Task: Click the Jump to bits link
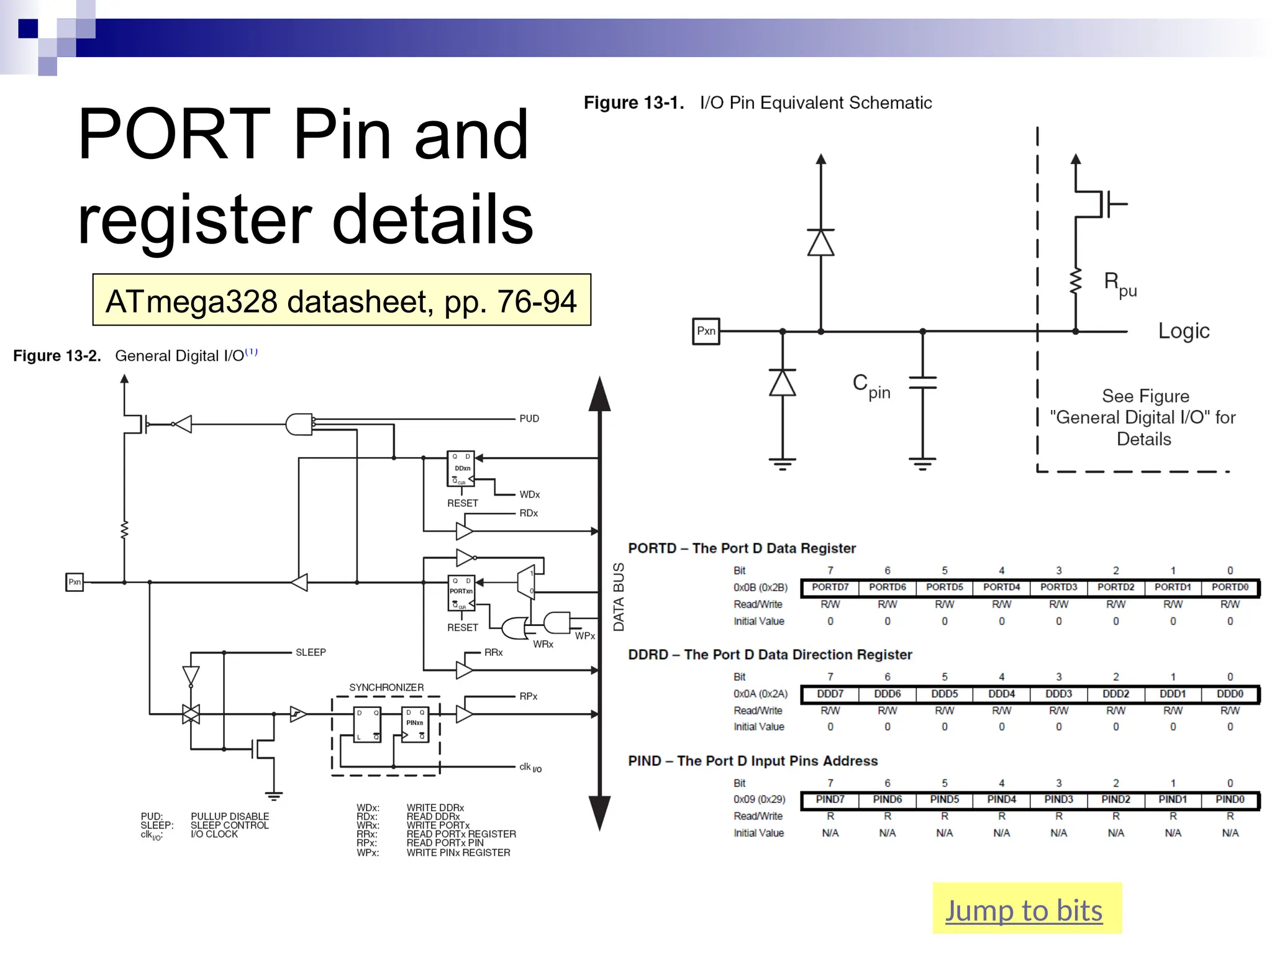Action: coord(1024,911)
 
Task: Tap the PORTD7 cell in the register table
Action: coord(830,587)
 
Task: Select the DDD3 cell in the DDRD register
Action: coord(1058,694)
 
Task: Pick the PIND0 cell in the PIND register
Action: coord(1230,799)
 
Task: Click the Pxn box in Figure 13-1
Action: coord(706,331)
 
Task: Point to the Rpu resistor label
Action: coord(1120,284)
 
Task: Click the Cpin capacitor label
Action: coord(871,386)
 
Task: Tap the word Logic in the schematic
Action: coord(1183,330)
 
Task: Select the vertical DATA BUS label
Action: coord(619,597)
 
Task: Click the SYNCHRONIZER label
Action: coord(386,688)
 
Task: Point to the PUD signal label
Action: coord(529,419)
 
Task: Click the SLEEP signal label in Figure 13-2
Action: coord(311,652)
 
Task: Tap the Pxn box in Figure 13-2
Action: coord(75,582)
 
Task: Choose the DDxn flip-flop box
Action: coord(461,469)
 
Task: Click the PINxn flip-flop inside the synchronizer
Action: coord(415,725)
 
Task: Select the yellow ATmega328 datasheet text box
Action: coord(342,300)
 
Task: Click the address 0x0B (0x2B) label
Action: coord(760,588)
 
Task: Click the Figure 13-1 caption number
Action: coord(634,103)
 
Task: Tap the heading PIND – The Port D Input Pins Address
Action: coord(753,761)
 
